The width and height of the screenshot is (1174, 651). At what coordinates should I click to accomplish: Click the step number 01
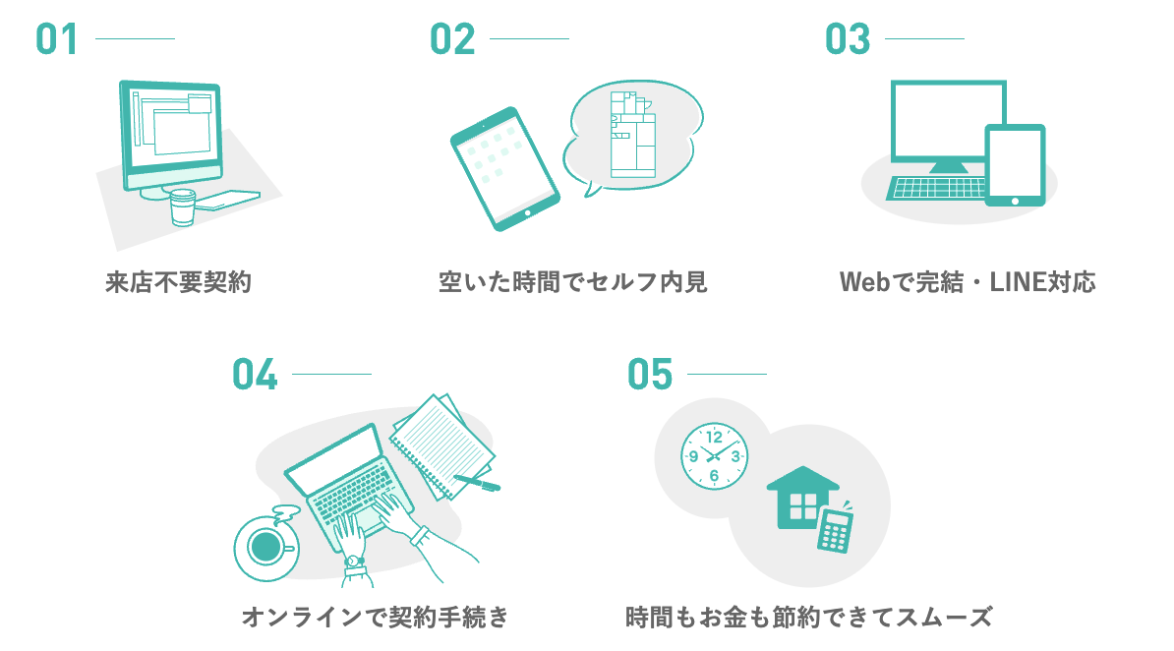56,39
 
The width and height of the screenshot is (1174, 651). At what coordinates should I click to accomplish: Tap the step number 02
451,39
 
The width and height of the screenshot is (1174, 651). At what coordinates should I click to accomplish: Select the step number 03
848,39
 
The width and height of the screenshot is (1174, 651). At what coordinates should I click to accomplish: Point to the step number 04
255,375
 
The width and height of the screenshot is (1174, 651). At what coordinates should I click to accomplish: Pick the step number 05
650,375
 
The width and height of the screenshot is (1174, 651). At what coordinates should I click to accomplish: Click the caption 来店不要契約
179,283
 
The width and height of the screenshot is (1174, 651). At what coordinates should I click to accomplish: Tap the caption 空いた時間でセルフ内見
573,283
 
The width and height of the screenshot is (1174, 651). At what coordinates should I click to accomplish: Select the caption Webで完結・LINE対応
968,283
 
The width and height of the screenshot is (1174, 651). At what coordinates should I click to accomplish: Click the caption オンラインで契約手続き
376,618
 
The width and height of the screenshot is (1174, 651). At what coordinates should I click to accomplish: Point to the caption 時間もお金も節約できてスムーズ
809,618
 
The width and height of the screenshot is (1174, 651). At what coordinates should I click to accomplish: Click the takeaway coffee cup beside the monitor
183,207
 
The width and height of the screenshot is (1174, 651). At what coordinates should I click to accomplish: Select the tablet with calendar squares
504,169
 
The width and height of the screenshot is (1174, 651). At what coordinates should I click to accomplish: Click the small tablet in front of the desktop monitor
1015,164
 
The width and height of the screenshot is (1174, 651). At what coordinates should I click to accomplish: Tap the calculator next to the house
836,530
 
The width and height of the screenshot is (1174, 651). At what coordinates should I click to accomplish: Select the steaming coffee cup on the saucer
264,546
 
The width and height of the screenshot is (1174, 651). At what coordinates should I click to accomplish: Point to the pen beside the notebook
477,482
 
